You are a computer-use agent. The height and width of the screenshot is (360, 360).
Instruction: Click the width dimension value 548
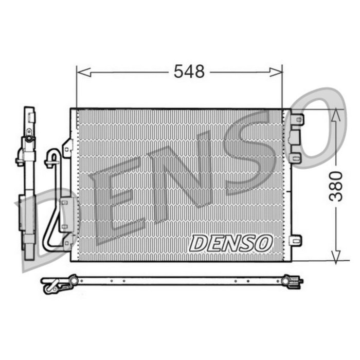point(189,71)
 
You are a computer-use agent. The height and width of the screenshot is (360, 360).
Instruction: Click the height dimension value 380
point(336,186)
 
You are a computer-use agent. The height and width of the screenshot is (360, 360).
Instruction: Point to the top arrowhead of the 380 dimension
point(336,114)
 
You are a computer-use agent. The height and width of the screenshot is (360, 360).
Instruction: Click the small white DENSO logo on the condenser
point(230,243)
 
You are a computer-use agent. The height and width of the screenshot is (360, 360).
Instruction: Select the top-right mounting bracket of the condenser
point(297,119)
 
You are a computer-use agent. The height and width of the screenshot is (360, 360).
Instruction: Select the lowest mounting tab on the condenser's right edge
point(295,240)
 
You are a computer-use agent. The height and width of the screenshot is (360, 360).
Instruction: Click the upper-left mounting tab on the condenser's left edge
point(67,148)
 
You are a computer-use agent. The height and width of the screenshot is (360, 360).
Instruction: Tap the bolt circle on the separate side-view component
point(29,138)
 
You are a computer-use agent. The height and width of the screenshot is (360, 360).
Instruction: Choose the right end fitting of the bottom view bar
point(292,281)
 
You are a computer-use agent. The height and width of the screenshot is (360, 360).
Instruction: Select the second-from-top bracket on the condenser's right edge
point(294,137)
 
